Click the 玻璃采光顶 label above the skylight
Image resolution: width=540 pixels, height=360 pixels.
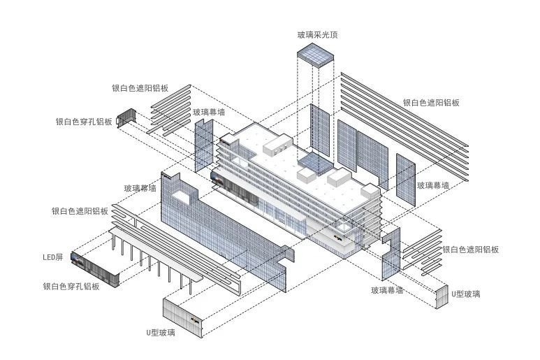point(318,35)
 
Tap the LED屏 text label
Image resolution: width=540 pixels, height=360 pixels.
point(53,257)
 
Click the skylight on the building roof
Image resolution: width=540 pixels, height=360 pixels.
point(313,165)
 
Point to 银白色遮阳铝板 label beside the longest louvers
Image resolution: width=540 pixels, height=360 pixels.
point(431,103)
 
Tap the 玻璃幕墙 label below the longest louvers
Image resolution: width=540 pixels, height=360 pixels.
point(433,185)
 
